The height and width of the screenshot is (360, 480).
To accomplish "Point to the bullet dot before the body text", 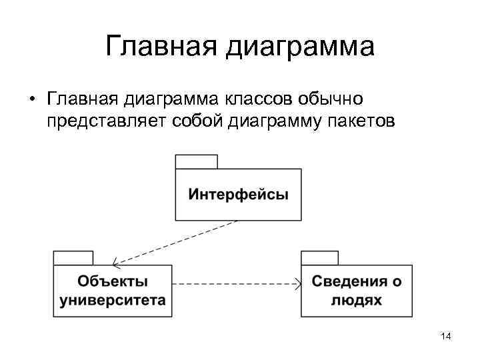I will click(31, 100).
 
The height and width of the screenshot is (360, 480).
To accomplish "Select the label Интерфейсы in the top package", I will click(238, 195).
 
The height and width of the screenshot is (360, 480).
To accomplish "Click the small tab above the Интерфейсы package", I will click(196, 161).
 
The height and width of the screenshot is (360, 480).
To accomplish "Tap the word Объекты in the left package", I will click(113, 281).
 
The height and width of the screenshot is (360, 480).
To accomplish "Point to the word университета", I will click(113, 299).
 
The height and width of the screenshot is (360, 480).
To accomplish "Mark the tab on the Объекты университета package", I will click(73, 258).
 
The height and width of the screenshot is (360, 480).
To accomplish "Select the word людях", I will click(357, 299).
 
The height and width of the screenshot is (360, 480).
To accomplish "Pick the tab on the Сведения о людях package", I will click(320, 258).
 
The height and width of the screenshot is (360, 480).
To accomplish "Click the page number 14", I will click(446, 338).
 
